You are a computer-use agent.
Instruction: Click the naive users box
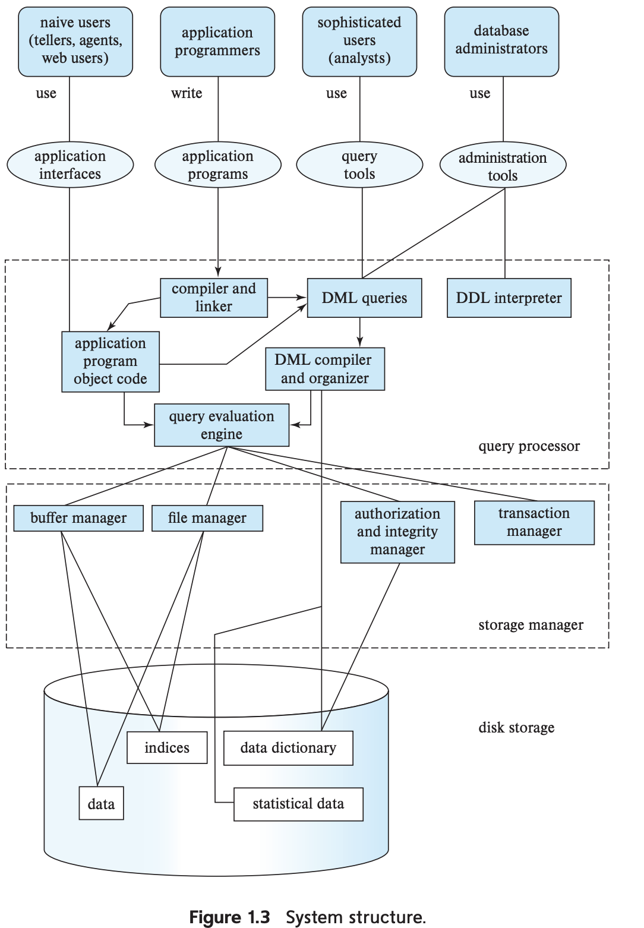click(75, 41)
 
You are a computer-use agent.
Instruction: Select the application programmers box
click(217, 42)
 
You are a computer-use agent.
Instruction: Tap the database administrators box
click(501, 41)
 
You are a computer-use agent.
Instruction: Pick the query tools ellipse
click(359, 165)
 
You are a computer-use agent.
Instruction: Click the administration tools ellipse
click(503, 166)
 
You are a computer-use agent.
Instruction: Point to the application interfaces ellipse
click(70, 165)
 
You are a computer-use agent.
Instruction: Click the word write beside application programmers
click(187, 93)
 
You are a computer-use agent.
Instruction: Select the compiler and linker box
click(214, 298)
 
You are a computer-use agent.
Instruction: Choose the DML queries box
click(364, 298)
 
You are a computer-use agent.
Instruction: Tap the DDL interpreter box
click(509, 298)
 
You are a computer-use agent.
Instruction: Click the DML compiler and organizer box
click(325, 369)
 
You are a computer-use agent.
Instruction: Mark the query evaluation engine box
click(222, 425)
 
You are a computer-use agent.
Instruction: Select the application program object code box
click(111, 361)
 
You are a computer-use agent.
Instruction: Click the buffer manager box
click(78, 518)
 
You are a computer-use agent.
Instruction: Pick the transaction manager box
click(534, 522)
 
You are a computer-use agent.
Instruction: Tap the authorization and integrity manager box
click(397, 532)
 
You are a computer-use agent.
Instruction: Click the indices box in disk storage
click(167, 747)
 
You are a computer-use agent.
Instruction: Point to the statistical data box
click(298, 804)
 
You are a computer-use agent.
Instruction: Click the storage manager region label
click(531, 625)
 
